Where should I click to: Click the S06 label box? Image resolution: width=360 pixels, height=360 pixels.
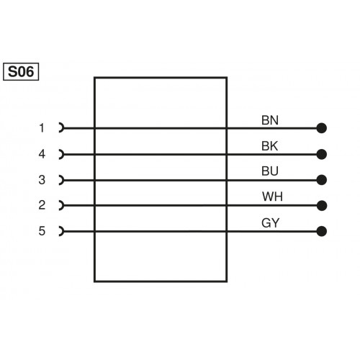[22, 71]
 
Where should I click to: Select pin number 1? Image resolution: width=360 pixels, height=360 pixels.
[42, 128]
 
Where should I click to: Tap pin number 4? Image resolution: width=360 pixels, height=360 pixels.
[42, 154]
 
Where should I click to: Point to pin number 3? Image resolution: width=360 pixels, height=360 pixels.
[42, 180]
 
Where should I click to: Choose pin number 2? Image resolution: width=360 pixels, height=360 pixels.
[42, 205]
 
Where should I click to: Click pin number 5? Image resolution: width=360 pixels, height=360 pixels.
[42, 231]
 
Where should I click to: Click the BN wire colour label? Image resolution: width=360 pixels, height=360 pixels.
[270, 120]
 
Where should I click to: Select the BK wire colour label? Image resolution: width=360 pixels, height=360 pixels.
[270, 145]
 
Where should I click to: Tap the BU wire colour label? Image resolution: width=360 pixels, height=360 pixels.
[270, 171]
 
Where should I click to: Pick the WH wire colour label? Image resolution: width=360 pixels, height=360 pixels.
[271, 197]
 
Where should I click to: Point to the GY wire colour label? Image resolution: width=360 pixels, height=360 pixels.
[270, 222]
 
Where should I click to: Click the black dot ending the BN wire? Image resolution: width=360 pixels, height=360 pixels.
[321, 128]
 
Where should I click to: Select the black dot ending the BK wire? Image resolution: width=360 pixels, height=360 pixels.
[321, 154]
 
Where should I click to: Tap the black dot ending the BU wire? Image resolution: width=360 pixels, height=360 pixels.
[321, 180]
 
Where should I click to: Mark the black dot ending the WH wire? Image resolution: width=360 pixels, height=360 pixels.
[321, 205]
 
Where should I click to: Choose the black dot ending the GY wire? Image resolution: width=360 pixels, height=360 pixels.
[321, 231]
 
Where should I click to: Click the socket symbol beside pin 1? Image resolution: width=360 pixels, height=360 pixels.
[61, 128]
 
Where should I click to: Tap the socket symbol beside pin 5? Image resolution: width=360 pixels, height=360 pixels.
[61, 231]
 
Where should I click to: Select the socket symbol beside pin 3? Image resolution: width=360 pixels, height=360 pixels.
[61, 180]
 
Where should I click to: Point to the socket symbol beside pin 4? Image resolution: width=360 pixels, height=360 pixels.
[61, 154]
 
